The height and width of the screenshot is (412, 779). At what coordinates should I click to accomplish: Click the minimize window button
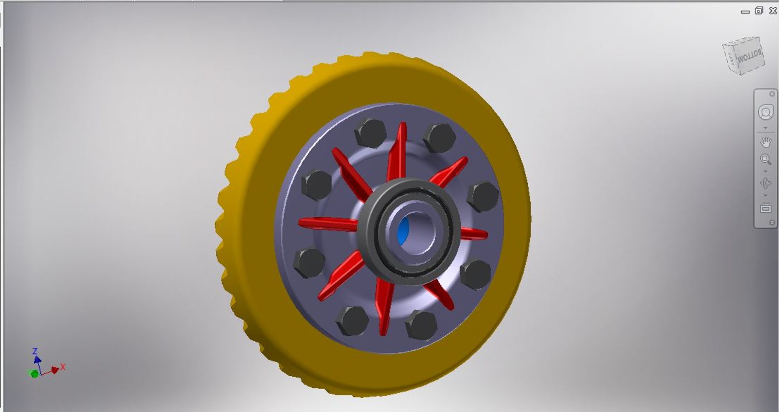coord(745,12)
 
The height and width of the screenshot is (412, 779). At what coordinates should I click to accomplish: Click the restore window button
coord(759,11)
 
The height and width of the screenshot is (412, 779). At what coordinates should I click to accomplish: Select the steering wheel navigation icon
coord(766,112)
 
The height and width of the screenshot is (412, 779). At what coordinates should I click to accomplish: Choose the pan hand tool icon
coord(766,142)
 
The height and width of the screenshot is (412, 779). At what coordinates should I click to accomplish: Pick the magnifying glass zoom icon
coord(766,159)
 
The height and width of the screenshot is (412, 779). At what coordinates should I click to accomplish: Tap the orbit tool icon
coord(766,183)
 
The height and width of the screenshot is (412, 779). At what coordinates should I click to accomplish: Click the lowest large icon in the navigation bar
coord(766,208)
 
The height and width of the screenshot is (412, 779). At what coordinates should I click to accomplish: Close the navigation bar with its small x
coord(772,94)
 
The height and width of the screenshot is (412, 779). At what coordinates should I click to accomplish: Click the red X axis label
coord(63,367)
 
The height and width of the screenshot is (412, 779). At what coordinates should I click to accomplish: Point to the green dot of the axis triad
coord(34,373)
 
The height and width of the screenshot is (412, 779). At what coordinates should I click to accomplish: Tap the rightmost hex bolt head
coord(483,196)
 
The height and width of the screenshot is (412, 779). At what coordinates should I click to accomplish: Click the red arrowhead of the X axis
coord(55,370)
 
